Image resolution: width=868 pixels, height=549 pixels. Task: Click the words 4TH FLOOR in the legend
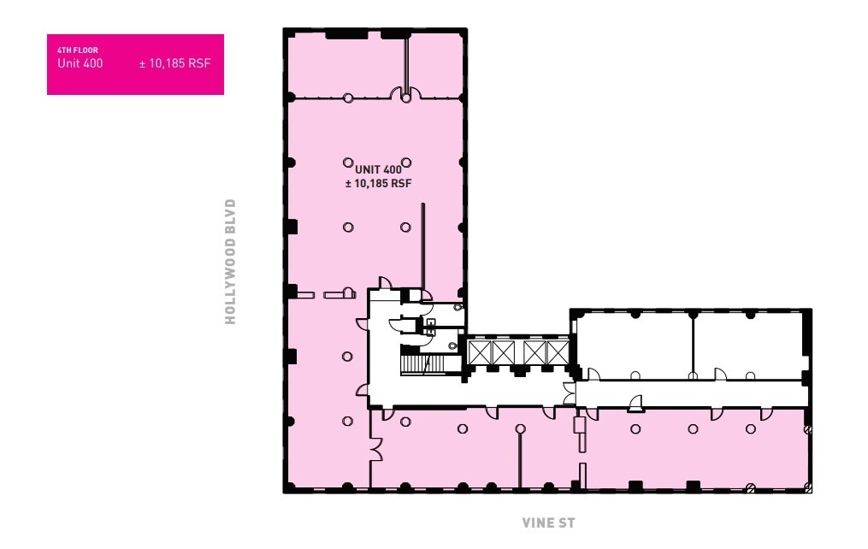pyautogui.click(x=78, y=50)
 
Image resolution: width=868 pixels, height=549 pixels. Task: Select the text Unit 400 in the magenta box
pyautogui.click(x=80, y=63)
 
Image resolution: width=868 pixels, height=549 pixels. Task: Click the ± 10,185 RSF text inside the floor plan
pyautogui.click(x=379, y=183)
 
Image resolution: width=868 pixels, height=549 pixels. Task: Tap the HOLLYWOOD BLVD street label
pyautogui.click(x=229, y=262)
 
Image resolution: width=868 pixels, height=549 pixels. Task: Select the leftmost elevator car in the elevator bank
pyautogui.click(x=479, y=351)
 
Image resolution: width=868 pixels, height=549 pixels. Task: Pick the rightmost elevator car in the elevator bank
pyautogui.click(x=557, y=351)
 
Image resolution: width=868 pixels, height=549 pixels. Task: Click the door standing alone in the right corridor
pyautogui.click(x=635, y=402)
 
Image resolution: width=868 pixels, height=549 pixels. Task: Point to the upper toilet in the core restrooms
pyautogui.click(x=458, y=307)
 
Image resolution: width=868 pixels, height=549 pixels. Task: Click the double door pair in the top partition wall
pyautogui.click(x=404, y=94)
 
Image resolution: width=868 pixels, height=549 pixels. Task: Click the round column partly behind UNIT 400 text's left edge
pyautogui.click(x=348, y=162)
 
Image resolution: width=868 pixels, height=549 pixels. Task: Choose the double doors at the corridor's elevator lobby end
pyautogui.click(x=569, y=393)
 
